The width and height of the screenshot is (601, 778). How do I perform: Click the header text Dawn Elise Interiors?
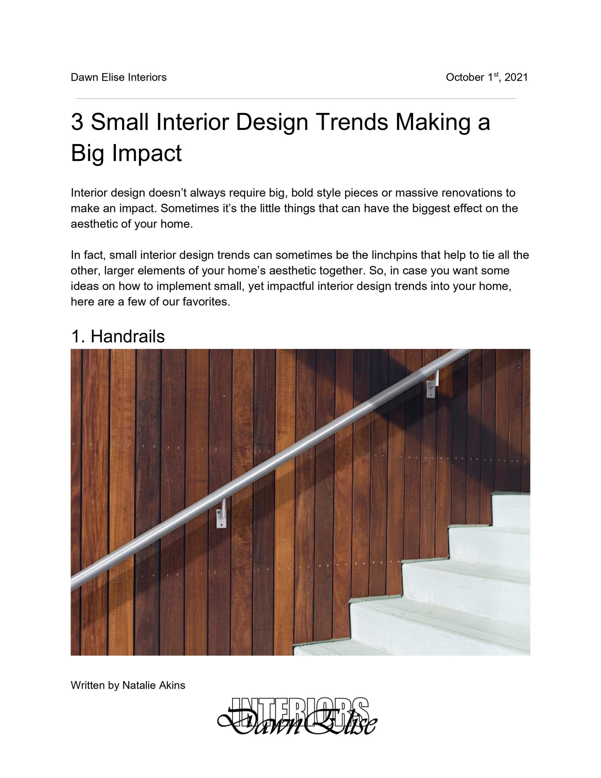[118, 77]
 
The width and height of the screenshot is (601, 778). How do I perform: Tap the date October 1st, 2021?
[487, 77]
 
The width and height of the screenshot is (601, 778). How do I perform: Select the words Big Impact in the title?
[126, 153]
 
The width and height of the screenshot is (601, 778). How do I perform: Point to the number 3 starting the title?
[77, 122]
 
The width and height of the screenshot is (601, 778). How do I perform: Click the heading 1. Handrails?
[118, 336]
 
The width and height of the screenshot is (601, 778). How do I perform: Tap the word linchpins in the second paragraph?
[395, 255]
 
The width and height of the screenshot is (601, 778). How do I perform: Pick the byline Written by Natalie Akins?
[128, 685]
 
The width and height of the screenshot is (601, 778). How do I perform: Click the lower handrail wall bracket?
[221, 513]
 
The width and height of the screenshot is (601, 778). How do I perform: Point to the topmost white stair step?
[511, 509]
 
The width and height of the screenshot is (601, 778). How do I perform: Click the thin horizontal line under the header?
[296, 99]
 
